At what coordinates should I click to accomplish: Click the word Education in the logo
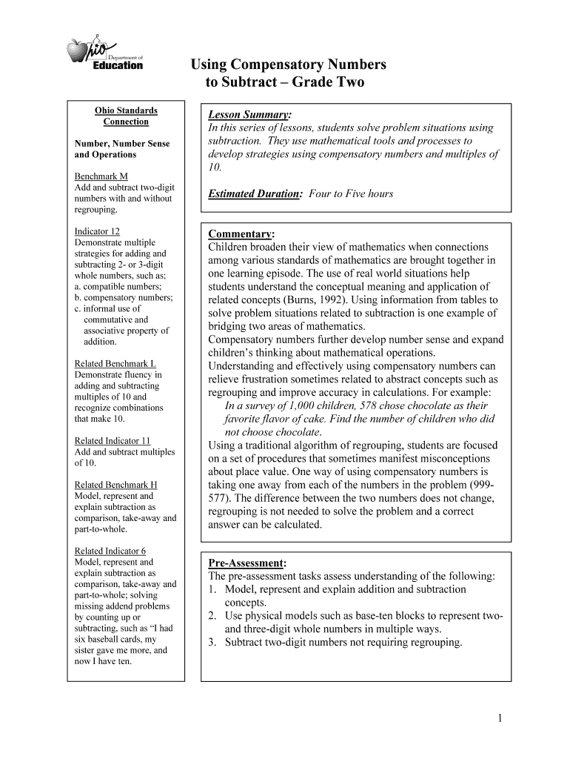[x=118, y=65]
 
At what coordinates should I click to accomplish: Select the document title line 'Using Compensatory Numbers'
[x=289, y=64]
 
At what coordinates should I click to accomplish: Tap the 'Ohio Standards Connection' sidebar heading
[x=126, y=116]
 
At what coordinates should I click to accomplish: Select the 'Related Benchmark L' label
[x=115, y=364]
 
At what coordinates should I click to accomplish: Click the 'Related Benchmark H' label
[x=115, y=485]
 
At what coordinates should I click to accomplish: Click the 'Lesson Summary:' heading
[x=249, y=115]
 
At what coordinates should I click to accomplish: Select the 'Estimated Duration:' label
[x=255, y=193]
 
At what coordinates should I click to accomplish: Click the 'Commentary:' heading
[x=241, y=233]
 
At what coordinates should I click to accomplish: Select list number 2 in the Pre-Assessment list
[x=212, y=616]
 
